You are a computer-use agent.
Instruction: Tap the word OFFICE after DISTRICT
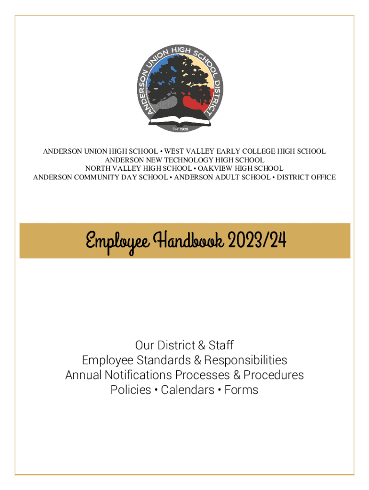(x=323, y=177)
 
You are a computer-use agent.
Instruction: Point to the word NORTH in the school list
(x=97, y=168)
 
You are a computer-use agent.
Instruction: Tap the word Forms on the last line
(x=241, y=390)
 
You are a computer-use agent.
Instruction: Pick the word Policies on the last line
(x=131, y=390)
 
